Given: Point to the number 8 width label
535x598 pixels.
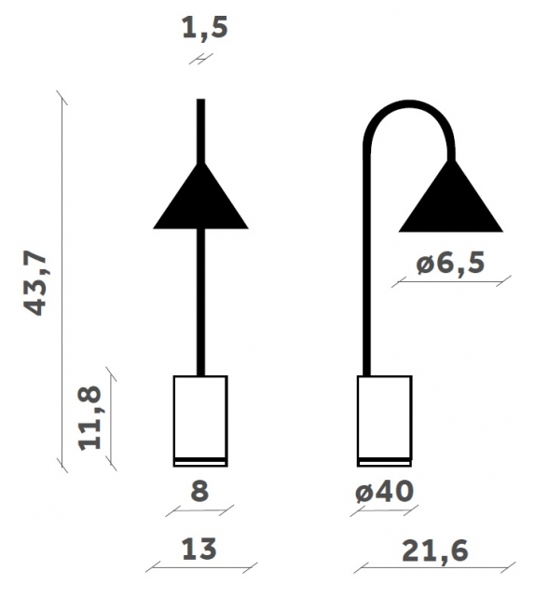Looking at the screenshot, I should click(x=199, y=491).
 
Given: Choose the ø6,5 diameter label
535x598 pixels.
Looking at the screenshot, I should click(x=450, y=264).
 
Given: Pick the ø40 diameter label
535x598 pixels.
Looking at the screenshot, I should click(x=383, y=491).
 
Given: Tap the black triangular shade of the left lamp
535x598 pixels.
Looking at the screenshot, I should click(x=200, y=203).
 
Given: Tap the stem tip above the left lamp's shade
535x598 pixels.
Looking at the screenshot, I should click(x=200, y=126).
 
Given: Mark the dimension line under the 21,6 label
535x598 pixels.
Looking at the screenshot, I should click(x=434, y=568).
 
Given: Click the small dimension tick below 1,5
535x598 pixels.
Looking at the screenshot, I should click(x=200, y=59).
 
